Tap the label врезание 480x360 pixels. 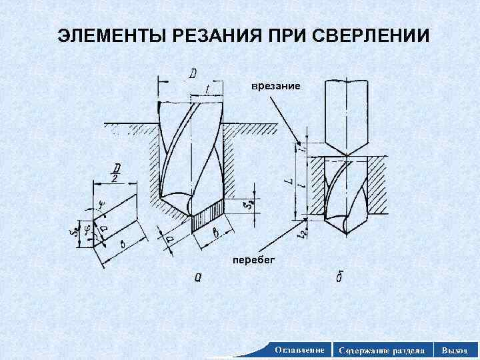tap(275, 87)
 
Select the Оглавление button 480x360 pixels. tap(299, 349)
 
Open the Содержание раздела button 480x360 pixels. tap(381, 349)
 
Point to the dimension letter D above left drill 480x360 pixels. tap(192, 73)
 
